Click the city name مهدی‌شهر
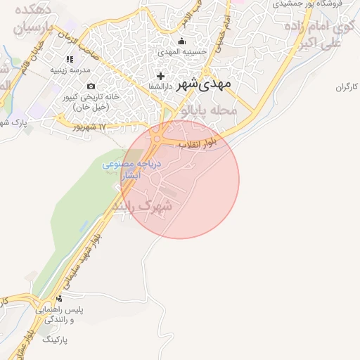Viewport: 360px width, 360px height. click(210, 83)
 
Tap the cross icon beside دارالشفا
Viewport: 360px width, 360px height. click(161, 76)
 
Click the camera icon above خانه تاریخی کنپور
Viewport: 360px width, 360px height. click(91, 86)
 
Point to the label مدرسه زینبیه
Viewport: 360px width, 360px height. click(70, 70)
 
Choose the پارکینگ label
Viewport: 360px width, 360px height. click(58, 339)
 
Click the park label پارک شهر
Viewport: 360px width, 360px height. click(29, 122)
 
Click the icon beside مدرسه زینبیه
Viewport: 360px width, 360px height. click(69, 60)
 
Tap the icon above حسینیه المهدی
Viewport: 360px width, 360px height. click(182, 41)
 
